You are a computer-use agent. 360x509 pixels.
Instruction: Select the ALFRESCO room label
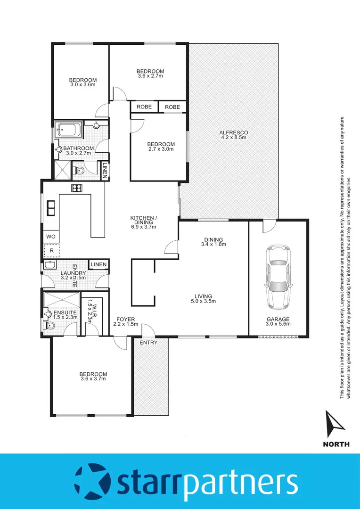[x=234, y=132]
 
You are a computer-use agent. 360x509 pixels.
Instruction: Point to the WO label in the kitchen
[x=51, y=236]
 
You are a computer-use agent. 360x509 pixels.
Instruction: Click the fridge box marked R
[x=51, y=251]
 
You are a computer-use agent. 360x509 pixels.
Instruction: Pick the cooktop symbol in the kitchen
[x=76, y=189]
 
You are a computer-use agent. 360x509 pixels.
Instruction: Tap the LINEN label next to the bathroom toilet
[x=105, y=171]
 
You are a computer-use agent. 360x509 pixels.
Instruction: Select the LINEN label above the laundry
[x=98, y=264]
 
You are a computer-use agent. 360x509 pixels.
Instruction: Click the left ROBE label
[x=144, y=107]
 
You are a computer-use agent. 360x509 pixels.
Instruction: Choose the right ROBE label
[x=172, y=107]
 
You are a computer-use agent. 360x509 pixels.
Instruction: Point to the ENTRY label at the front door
[x=148, y=343]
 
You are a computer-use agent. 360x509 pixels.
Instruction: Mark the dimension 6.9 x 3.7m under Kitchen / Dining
[x=143, y=227]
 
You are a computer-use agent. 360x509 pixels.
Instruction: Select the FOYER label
[x=126, y=319]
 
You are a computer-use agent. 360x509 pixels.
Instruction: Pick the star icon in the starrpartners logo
[x=92, y=483]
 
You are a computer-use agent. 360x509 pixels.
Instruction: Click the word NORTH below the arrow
[x=336, y=444]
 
